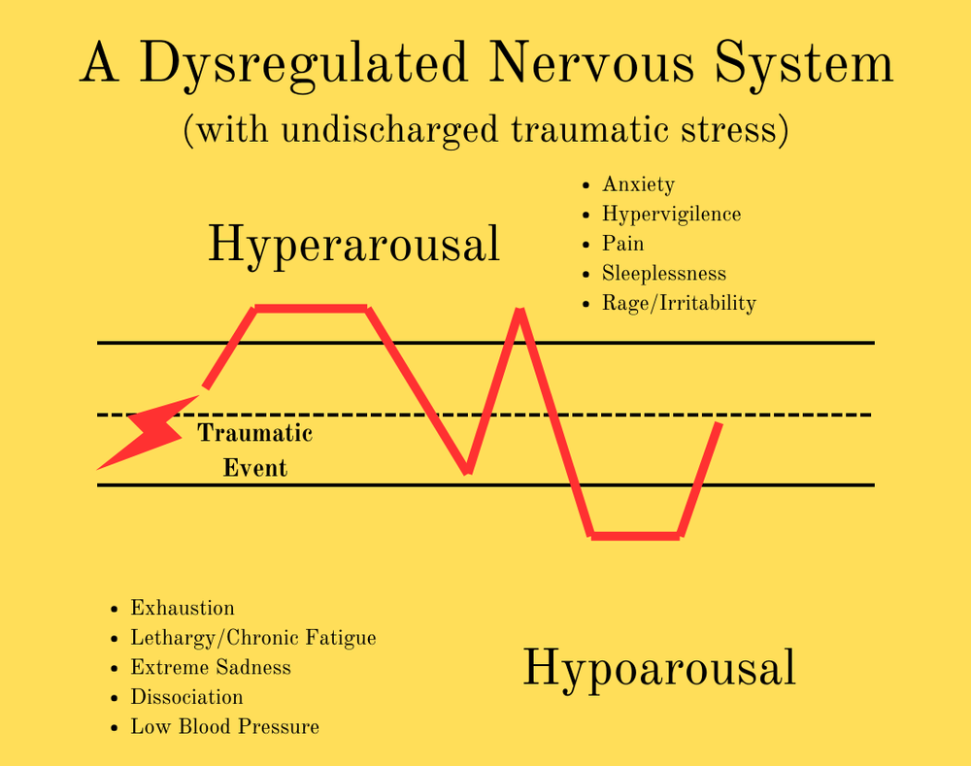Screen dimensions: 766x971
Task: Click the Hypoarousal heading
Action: tap(659, 669)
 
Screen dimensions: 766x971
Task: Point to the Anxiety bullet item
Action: tap(638, 184)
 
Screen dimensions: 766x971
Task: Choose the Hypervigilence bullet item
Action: tap(671, 215)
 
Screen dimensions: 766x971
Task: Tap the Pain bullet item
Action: tap(622, 244)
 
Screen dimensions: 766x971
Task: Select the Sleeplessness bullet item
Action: tap(664, 274)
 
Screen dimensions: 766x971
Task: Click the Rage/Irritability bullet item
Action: tap(679, 303)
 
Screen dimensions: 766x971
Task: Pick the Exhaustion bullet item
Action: tap(183, 609)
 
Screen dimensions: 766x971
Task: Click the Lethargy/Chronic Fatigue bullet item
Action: tap(252, 638)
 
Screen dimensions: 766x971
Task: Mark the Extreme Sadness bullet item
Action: tap(211, 668)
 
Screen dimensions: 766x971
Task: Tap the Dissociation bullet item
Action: tap(186, 697)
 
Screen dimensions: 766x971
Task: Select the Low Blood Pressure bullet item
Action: tap(224, 727)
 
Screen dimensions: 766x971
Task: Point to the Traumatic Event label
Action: tap(255, 450)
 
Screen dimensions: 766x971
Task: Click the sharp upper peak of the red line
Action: tap(520, 313)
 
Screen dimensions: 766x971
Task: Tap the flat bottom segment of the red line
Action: tap(636, 535)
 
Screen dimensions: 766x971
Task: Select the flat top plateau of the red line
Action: tap(311, 309)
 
